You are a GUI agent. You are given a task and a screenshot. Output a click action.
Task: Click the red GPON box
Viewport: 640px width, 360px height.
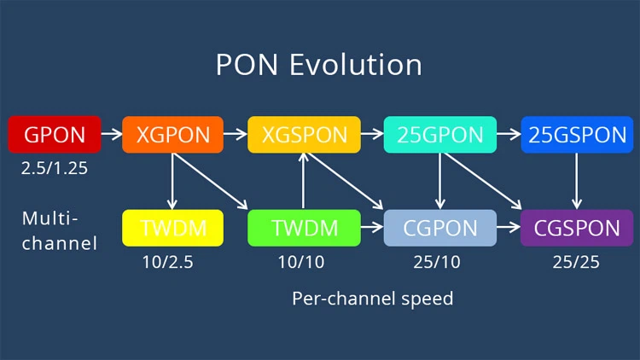pyautogui.click(x=54, y=135)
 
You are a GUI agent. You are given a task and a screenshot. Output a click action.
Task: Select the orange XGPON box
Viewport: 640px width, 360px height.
pyautogui.click(x=172, y=135)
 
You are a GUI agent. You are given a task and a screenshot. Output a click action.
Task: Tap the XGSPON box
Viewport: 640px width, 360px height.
pyautogui.click(x=305, y=135)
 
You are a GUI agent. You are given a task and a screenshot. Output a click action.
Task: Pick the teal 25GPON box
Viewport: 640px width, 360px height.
pyautogui.click(x=439, y=135)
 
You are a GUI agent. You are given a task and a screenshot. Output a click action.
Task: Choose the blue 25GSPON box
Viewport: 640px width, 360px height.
pyautogui.click(x=578, y=135)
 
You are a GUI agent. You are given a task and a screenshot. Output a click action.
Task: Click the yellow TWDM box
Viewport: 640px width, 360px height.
pyautogui.click(x=172, y=228)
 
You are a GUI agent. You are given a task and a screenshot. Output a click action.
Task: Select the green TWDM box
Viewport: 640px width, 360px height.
pyautogui.click(x=305, y=228)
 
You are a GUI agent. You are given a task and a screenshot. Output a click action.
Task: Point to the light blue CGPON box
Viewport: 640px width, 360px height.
pyautogui.click(x=439, y=228)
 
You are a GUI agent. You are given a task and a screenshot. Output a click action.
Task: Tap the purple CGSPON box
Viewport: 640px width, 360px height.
pyautogui.click(x=578, y=228)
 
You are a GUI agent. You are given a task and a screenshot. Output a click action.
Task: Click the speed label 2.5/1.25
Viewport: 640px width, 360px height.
pyautogui.click(x=55, y=168)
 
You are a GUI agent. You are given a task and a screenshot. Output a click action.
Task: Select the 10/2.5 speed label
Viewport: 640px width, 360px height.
pyautogui.click(x=167, y=262)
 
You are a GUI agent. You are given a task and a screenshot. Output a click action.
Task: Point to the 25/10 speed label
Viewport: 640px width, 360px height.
pyautogui.click(x=436, y=262)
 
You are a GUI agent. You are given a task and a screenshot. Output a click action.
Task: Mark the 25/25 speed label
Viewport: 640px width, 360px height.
pyautogui.click(x=575, y=262)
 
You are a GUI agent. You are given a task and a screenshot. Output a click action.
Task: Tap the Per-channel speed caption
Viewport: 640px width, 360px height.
pyautogui.click(x=372, y=299)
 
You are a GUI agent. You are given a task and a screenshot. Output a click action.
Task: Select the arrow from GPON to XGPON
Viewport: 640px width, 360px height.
pyautogui.click(x=112, y=134)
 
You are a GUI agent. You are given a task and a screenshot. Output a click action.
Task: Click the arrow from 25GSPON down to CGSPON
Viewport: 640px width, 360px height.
pyautogui.click(x=578, y=181)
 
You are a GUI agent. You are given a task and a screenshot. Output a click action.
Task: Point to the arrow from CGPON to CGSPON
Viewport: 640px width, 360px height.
pyautogui.click(x=509, y=228)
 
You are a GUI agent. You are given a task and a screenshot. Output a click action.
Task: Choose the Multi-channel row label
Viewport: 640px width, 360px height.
pyautogui.click(x=58, y=230)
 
